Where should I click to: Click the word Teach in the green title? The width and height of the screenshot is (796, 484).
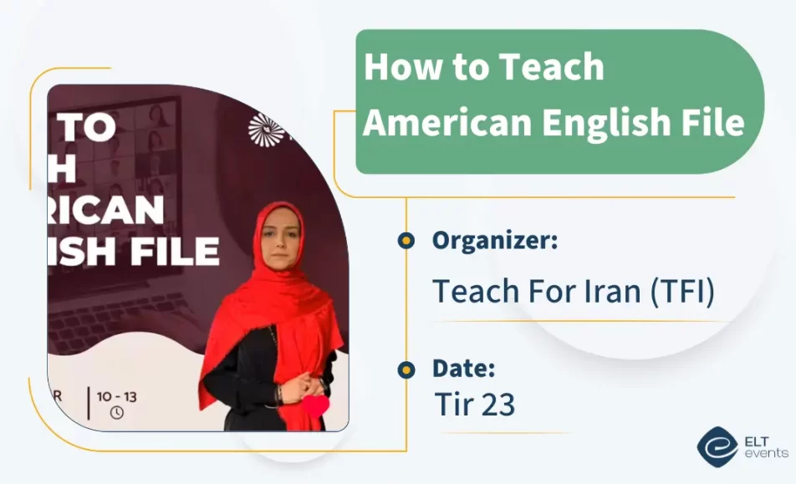click(557, 67)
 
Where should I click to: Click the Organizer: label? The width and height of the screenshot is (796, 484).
click(495, 241)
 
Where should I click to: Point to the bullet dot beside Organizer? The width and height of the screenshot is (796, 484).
click(406, 242)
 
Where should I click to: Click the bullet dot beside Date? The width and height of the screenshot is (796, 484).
click(406, 369)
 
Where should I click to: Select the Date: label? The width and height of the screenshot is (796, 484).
click(464, 368)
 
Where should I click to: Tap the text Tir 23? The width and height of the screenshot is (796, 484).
click(474, 405)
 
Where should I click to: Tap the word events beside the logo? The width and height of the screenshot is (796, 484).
click(766, 453)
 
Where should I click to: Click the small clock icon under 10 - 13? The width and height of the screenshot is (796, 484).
click(116, 411)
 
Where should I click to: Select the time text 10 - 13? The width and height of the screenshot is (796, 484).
click(117, 396)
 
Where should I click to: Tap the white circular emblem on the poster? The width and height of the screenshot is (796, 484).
click(266, 129)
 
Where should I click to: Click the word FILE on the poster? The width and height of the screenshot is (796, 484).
click(171, 250)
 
